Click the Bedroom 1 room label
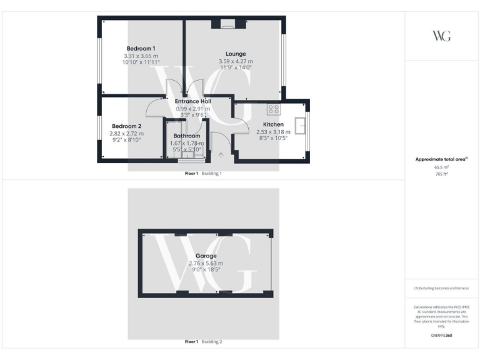(141, 48)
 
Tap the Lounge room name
(236, 54)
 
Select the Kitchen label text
(273, 124)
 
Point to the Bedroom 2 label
(127, 126)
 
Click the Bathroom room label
(187, 136)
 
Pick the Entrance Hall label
(192, 101)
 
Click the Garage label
(206, 256)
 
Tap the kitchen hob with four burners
(273, 109)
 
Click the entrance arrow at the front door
(221, 154)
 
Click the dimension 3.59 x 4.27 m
(236, 61)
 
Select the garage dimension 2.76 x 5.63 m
(206, 263)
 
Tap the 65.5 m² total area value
(441, 167)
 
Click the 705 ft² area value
(441, 174)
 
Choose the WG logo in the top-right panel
(441, 36)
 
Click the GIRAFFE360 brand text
(441, 336)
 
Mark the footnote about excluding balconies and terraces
(441, 288)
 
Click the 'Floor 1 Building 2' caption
(204, 342)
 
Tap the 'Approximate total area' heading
(441, 159)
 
